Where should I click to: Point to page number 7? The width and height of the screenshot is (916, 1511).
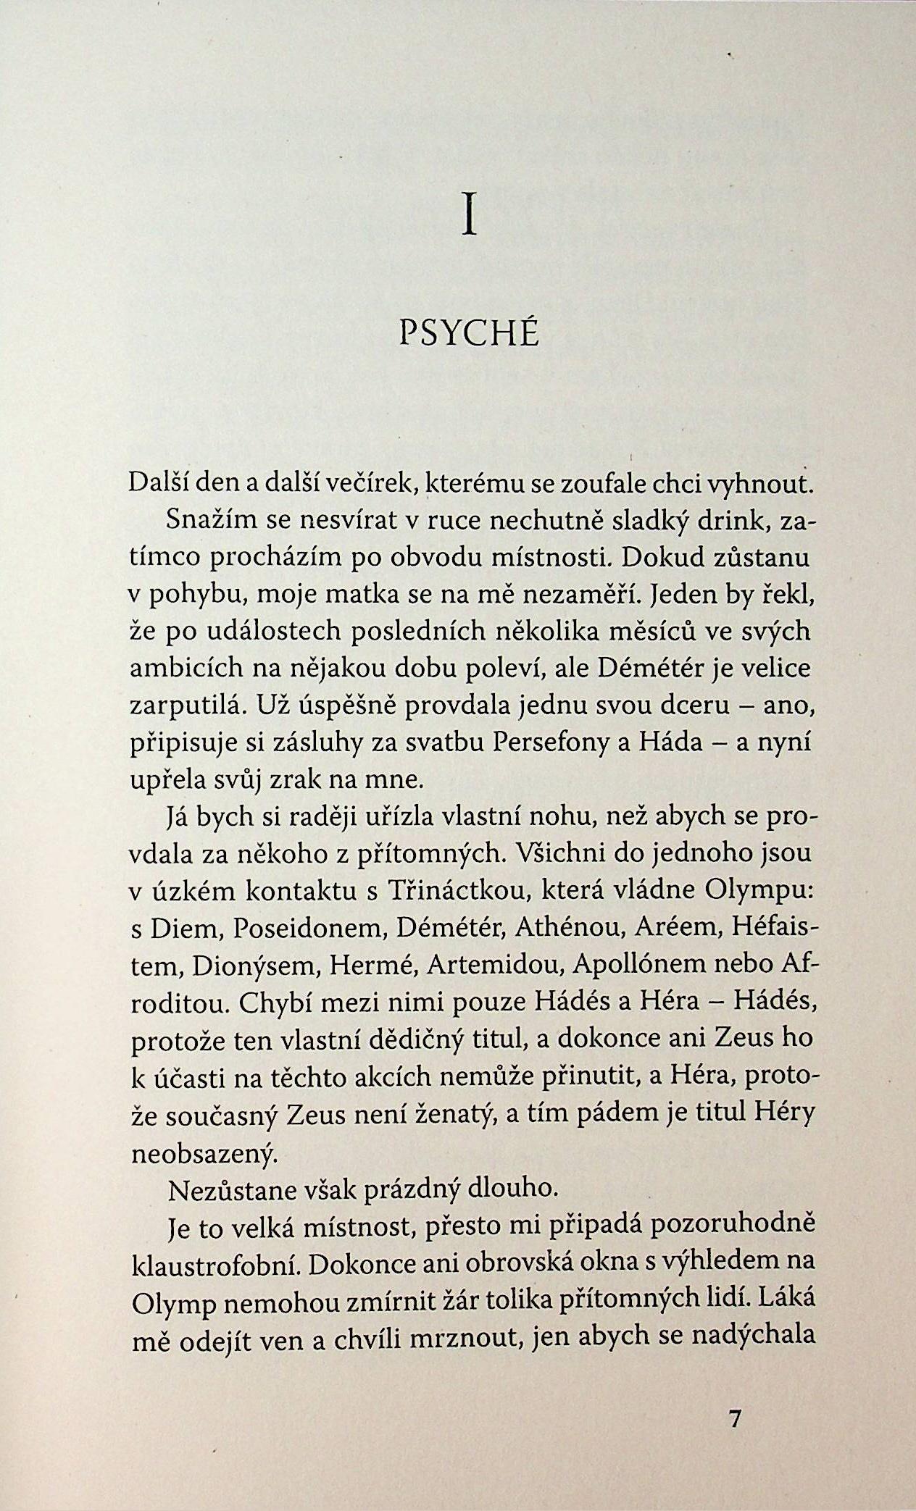pyautogui.click(x=735, y=1420)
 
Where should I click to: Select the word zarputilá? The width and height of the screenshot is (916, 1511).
pyautogui.click(x=184, y=706)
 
